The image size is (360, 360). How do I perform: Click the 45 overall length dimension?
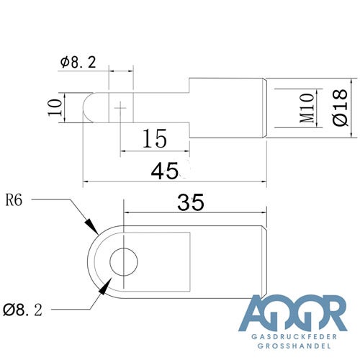(165, 171)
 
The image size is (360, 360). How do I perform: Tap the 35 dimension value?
(191, 202)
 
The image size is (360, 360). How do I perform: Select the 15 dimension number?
(155, 138)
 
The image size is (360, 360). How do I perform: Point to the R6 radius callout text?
(14, 200)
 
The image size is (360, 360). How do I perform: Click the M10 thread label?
(307, 108)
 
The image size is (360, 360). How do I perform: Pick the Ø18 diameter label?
(341, 107)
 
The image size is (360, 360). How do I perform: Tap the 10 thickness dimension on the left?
(55, 107)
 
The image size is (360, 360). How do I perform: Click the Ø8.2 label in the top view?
(78, 62)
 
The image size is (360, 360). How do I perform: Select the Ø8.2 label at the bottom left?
(22, 310)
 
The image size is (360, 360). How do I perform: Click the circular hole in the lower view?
(124, 262)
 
